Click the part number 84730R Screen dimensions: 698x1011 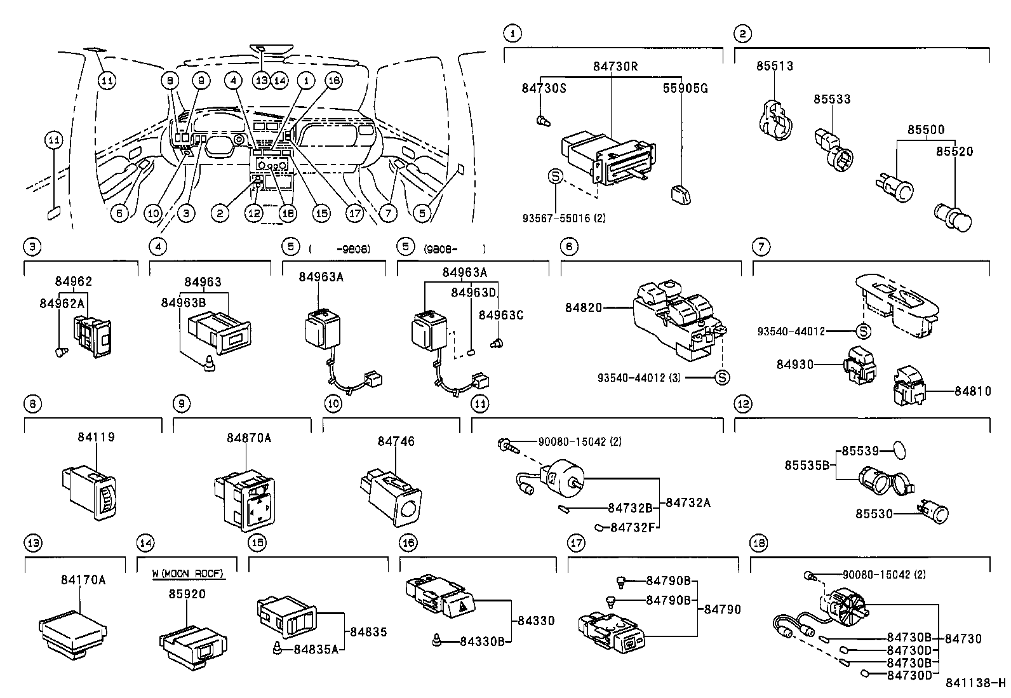[x=615, y=65]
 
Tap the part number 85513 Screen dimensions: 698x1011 [x=774, y=66]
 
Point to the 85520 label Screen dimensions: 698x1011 [x=954, y=152]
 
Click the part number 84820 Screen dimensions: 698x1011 [x=584, y=308]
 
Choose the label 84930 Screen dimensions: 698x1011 [x=794, y=365]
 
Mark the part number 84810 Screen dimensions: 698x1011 [x=973, y=391]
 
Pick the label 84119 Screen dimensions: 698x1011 [x=97, y=438]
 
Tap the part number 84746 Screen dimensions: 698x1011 [x=396, y=441]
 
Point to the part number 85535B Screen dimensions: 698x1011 [x=807, y=466]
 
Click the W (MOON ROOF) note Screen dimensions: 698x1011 [x=188, y=574]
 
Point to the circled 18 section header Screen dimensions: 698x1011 [x=758, y=543]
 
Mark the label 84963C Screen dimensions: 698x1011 [x=500, y=316]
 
